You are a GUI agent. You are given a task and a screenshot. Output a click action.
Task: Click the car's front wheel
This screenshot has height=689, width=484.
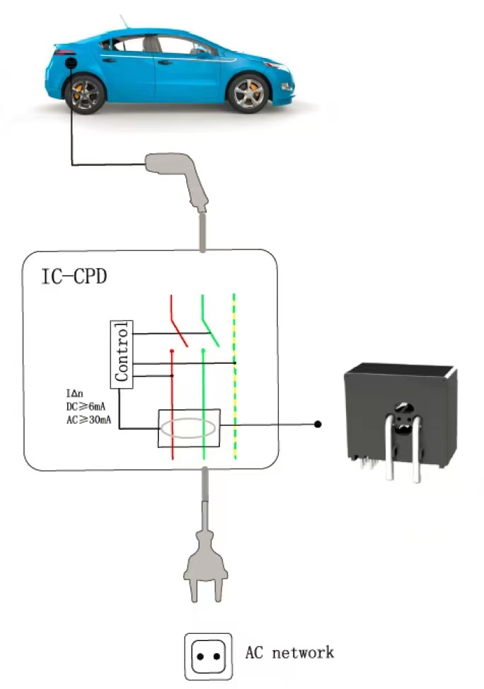point(248,93)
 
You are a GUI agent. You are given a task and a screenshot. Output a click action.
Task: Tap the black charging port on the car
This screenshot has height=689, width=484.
point(71,63)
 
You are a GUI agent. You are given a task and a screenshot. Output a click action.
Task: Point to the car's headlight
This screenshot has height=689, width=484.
point(277,66)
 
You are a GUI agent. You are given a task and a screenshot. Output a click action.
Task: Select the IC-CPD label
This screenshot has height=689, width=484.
point(74,276)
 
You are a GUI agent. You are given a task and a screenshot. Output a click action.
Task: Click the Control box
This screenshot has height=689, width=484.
point(122,355)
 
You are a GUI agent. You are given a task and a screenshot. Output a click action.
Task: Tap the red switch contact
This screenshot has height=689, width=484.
point(178,322)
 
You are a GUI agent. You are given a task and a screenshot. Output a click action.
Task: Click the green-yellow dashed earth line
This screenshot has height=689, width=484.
point(234,377)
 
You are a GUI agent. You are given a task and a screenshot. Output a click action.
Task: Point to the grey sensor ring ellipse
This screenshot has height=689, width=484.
point(188,428)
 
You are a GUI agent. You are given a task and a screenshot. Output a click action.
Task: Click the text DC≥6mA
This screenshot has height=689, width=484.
point(86,406)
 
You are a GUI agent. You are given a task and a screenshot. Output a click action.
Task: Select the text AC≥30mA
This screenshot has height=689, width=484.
point(88,420)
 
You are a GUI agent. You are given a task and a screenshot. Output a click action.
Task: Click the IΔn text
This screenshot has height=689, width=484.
point(74,394)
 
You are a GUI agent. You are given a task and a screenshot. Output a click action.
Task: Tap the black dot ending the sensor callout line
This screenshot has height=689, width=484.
point(318,424)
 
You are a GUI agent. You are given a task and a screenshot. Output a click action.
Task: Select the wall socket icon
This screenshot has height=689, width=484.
point(208,656)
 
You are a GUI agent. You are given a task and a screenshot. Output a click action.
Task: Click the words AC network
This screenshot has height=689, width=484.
point(289,652)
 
